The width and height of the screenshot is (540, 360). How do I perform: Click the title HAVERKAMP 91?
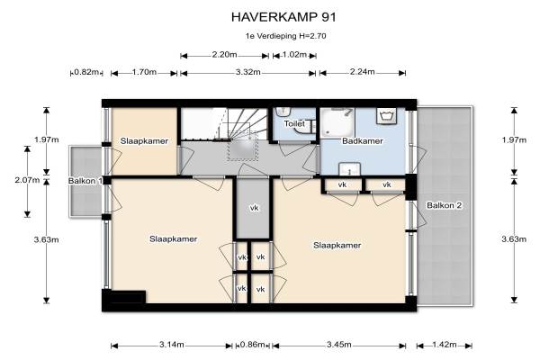pos(283,17)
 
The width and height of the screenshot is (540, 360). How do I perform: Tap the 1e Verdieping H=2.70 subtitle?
pos(285,36)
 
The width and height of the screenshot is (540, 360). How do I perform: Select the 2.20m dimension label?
pos(224,54)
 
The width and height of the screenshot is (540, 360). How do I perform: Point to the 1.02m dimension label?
pos(294,54)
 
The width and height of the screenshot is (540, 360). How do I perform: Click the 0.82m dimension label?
pos(86,72)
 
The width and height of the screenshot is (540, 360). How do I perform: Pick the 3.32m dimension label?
pos(248,72)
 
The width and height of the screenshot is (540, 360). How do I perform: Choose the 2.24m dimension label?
pos(363,72)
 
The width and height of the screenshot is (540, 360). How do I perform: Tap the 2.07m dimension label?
pos(27,180)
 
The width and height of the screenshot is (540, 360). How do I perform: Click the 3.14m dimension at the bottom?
pos(172,344)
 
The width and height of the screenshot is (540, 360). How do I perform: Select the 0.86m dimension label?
pos(253,344)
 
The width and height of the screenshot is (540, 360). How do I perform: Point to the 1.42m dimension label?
pos(445,344)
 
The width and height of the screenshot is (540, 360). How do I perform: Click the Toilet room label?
pos(294,123)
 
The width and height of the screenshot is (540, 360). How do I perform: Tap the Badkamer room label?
pos(363,141)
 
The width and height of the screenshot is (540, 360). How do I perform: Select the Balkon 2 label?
pos(444,205)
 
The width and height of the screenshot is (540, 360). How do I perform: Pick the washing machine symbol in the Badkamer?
pos(386,116)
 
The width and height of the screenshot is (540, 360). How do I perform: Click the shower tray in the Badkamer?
pos(338,122)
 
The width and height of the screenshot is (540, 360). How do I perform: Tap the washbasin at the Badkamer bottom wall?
pos(349,169)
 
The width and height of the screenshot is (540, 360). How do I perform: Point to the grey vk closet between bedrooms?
pos(253,208)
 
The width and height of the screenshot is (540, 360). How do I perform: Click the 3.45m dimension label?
pos(339,344)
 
